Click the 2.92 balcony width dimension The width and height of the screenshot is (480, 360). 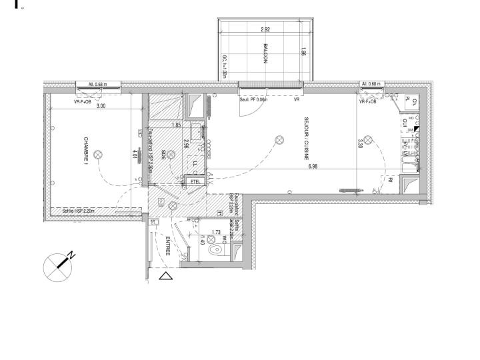pyautogui.click(x=265, y=29)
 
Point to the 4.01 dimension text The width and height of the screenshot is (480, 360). pyautogui.click(x=134, y=155)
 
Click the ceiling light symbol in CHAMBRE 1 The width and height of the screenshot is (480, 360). pyautogui.click(x=99, y=155)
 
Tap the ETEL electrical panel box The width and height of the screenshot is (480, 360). pyautogui.click(x=195, y=181)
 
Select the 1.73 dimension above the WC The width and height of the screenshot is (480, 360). pyautogui.click(x=215, y=233)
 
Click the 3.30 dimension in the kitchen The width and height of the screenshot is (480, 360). pyautogui.click(x=359, y=143)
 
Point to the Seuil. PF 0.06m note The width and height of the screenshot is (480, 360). pyautogui.click(x=253, y=100)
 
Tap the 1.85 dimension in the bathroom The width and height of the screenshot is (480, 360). pyautogui.click(x=176, y=125)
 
